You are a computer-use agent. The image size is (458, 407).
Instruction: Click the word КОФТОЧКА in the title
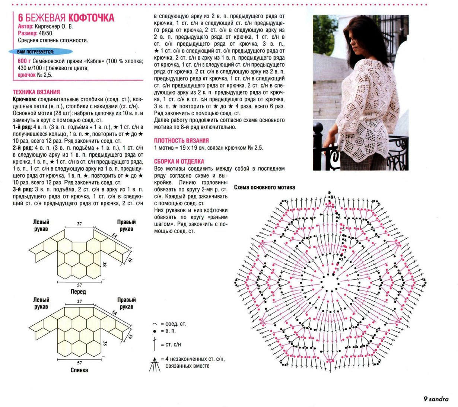92,18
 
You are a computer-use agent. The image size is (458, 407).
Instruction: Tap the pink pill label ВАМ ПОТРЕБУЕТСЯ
35,52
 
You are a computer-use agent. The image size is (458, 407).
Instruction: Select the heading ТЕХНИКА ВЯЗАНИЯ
36,92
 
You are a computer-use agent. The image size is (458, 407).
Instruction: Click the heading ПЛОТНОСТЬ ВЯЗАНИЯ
181,141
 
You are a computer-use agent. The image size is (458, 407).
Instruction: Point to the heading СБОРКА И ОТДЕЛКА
179,162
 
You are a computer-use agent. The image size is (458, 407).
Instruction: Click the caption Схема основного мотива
264,187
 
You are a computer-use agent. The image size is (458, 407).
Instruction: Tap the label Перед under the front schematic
78,292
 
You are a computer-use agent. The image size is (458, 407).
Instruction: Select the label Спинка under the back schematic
79,370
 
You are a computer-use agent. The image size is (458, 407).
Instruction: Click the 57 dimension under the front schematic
79,285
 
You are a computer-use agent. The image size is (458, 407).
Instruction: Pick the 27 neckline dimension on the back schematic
79,301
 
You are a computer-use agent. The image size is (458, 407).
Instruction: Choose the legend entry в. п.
168,331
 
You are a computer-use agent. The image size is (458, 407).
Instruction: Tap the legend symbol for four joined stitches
154,364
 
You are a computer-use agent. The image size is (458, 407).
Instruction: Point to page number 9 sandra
436,399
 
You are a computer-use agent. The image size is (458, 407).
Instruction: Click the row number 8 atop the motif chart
331,197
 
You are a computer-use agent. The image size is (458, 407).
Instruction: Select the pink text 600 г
24,61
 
